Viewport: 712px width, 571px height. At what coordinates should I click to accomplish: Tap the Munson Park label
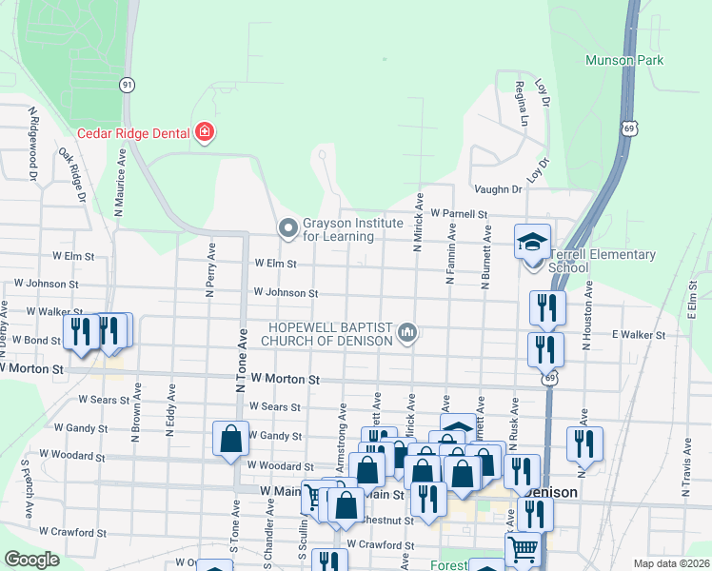point(651,60)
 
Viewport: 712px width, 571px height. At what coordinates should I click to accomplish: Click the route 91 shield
point(127,85)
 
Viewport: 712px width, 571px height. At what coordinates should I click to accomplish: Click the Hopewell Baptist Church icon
point(408,332)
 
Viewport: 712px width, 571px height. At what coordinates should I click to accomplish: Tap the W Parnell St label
point(459,214)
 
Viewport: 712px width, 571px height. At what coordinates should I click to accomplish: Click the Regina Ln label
point(522,104)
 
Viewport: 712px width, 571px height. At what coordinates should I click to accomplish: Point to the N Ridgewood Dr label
point(32,144)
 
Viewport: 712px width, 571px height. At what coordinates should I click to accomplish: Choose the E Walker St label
point(638,335)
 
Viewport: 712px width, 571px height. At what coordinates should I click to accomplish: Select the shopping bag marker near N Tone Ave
point(230,440)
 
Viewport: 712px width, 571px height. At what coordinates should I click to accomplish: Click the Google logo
point(31,560)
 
